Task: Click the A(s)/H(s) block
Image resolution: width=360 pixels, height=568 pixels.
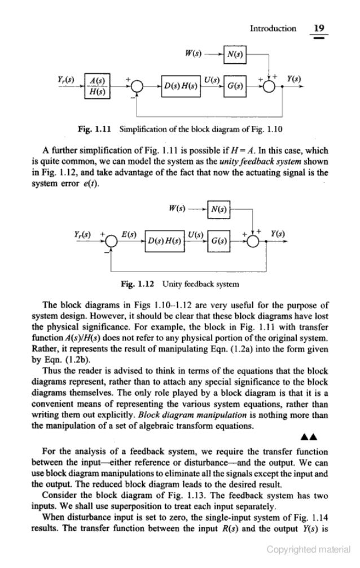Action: click(102, 85)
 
